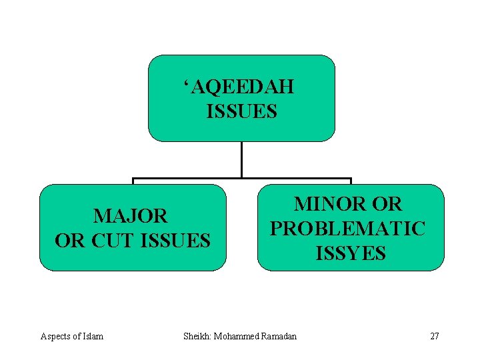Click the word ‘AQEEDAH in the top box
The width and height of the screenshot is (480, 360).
coord(241,87)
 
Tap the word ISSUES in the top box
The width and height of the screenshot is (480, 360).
coord(241,111)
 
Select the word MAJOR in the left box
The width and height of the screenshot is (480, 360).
coord(131,216)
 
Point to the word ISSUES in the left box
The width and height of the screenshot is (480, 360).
coord(176,240)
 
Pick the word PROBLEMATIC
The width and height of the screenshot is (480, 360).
coord(347,229)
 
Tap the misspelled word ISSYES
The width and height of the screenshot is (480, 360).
coord(351,253)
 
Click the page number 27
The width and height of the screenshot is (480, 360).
coord(434,336)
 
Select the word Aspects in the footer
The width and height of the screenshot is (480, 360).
coord(54,336)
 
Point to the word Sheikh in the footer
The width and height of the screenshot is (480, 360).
coord(197,336)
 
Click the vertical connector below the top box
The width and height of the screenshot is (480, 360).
coord(241,160)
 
